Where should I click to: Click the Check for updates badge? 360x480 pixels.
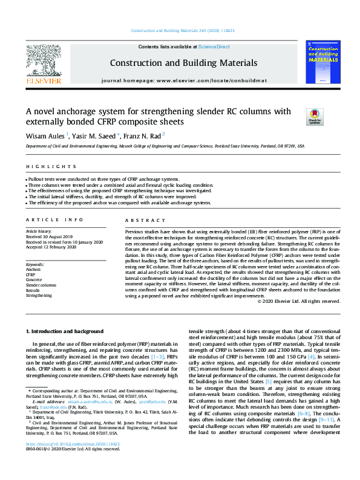(x=315, y=115)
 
